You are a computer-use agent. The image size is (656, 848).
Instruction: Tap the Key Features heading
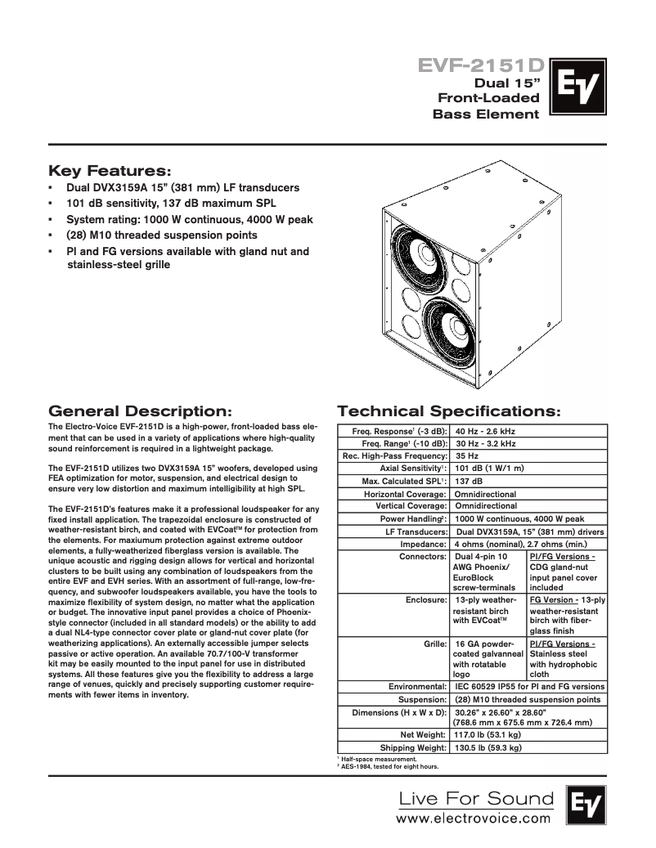click(110, 171)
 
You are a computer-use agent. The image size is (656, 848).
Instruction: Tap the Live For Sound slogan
click(475, 798)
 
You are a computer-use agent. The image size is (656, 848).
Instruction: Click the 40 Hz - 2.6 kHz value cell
click(485, 430)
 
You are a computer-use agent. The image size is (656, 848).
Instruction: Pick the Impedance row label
click(422, 544)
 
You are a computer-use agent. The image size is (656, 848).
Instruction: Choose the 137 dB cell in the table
click(468, 481)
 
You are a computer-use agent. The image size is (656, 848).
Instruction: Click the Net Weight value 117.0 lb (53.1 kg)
click(488, 734)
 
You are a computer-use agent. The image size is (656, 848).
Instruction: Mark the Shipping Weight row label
click(413, 747)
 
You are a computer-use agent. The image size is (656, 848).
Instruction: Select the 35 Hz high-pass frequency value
click(466, 455)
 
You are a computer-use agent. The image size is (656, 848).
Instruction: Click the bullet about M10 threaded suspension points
click(161, 236)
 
